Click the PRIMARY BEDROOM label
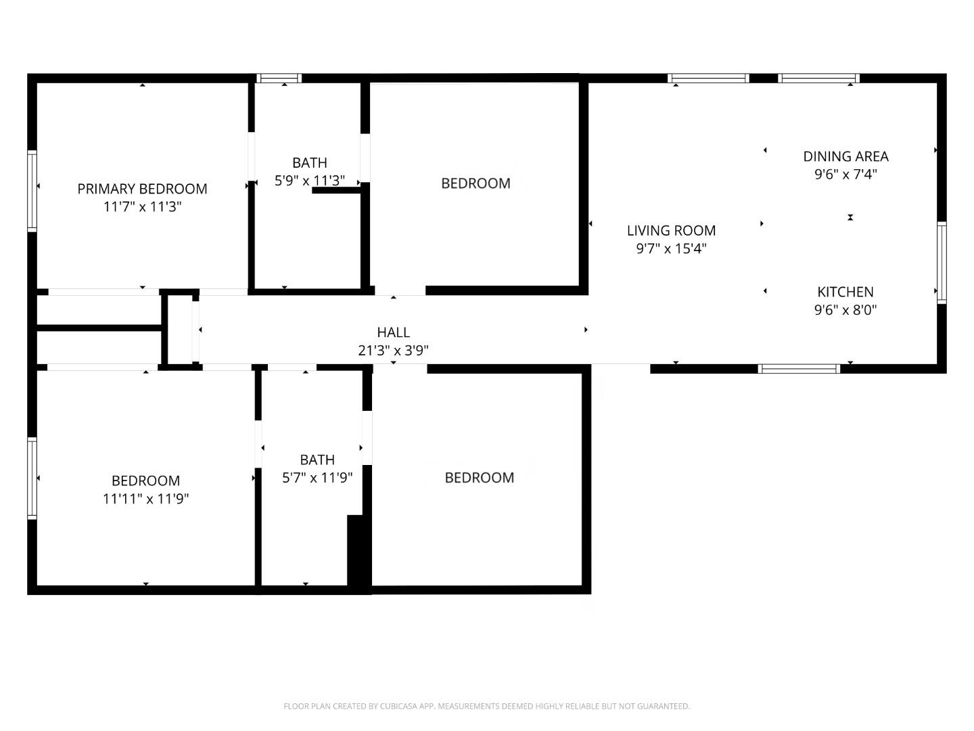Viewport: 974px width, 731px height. [142, 189]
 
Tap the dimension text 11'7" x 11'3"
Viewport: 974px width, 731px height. [142, 207]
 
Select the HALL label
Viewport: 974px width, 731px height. [393, 332]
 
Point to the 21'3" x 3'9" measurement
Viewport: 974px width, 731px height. [393, 351]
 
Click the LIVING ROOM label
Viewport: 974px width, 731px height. [671, 231]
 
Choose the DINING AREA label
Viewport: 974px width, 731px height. [845, 156]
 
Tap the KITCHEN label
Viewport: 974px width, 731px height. [845, 292]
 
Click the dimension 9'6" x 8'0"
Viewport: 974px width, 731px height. [845, 311]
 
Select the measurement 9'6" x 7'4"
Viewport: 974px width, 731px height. [845, 175]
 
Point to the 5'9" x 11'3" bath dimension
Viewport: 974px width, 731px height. [310, 181]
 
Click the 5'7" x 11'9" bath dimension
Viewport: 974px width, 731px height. [317, 478]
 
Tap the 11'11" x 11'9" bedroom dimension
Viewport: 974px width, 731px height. [145, 499]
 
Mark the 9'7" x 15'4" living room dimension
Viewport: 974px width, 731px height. [671, 249]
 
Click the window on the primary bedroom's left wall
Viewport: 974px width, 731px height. [32, 191]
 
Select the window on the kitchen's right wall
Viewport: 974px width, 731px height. [942, 263]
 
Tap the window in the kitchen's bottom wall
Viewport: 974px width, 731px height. [799, 369]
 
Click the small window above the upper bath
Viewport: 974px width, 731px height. [279, 79]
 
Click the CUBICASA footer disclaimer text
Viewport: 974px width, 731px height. [486, 706]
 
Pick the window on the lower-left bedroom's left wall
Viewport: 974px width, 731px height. [32, 478]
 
